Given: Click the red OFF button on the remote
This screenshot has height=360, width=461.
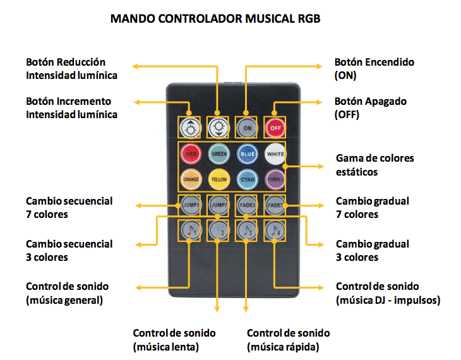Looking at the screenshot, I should pyautogui.click(x=275, y=128).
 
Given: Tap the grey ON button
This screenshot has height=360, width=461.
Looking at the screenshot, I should pyautogui.click(x=247, y=128).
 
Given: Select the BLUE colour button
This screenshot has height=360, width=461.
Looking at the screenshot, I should pyautogui.click(x=247, y=153).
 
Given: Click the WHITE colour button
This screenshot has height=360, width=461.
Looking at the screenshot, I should pyautogui.click(x=275, y=153).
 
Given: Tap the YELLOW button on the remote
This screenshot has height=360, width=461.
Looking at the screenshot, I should pyautogui.click(x=219, y=179).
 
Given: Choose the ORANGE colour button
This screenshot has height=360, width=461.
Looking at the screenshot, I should pyautogui.click(x=190, y=179).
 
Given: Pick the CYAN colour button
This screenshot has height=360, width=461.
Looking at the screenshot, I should pyautogui.click(x=247, y=179).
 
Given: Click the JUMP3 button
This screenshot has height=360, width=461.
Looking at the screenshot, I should pyautogui.click(x=190, y=205).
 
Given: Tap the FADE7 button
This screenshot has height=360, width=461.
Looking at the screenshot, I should pyautogui.click(x=275, y=205).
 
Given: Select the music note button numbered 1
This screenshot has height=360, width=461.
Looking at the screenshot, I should pyautogui.click(x=190, y=230).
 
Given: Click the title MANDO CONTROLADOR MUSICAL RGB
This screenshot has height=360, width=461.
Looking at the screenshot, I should pyautogui.click(x=215, y=18).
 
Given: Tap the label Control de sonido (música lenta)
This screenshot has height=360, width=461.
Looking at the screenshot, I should pyautogui.click(x=174, y=340).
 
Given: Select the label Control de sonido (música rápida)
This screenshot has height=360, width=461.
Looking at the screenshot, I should pyautogui.click(x=288, y=340).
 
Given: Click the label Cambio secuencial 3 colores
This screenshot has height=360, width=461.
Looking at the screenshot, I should pyautogui.click(x=69, y=250).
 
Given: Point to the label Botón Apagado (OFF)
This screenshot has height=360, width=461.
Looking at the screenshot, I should pyautogui.click(x=370, y=107).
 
